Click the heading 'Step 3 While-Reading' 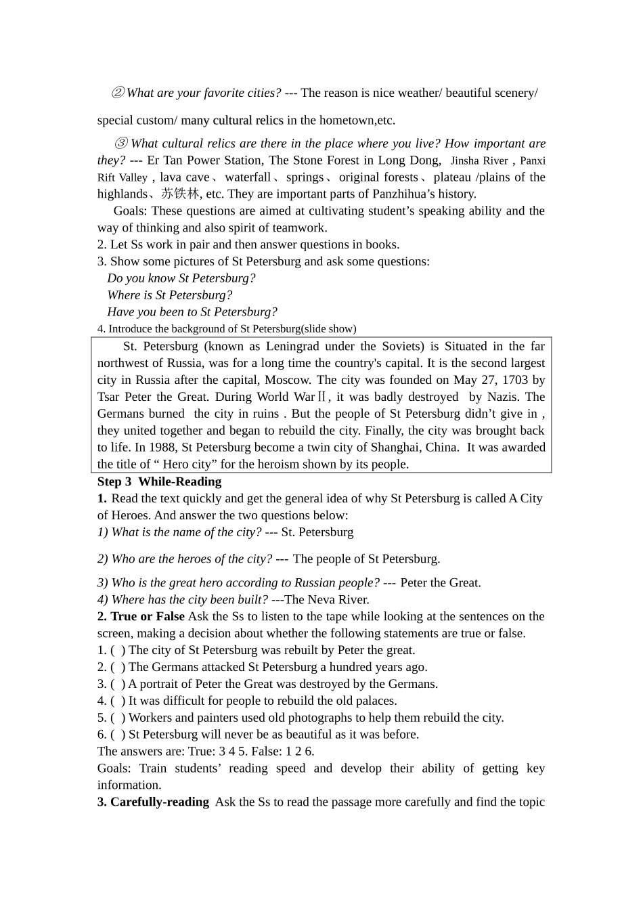click(159, 481)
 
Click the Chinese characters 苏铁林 click(181, 194)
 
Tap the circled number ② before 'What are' click(118, 93)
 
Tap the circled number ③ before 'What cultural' click(121, 144)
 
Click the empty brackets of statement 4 click(118, 701)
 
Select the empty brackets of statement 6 click(118, 735)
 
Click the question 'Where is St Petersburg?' click(169, 295)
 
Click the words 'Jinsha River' click(479, 160)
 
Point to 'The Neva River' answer click(327, 599)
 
